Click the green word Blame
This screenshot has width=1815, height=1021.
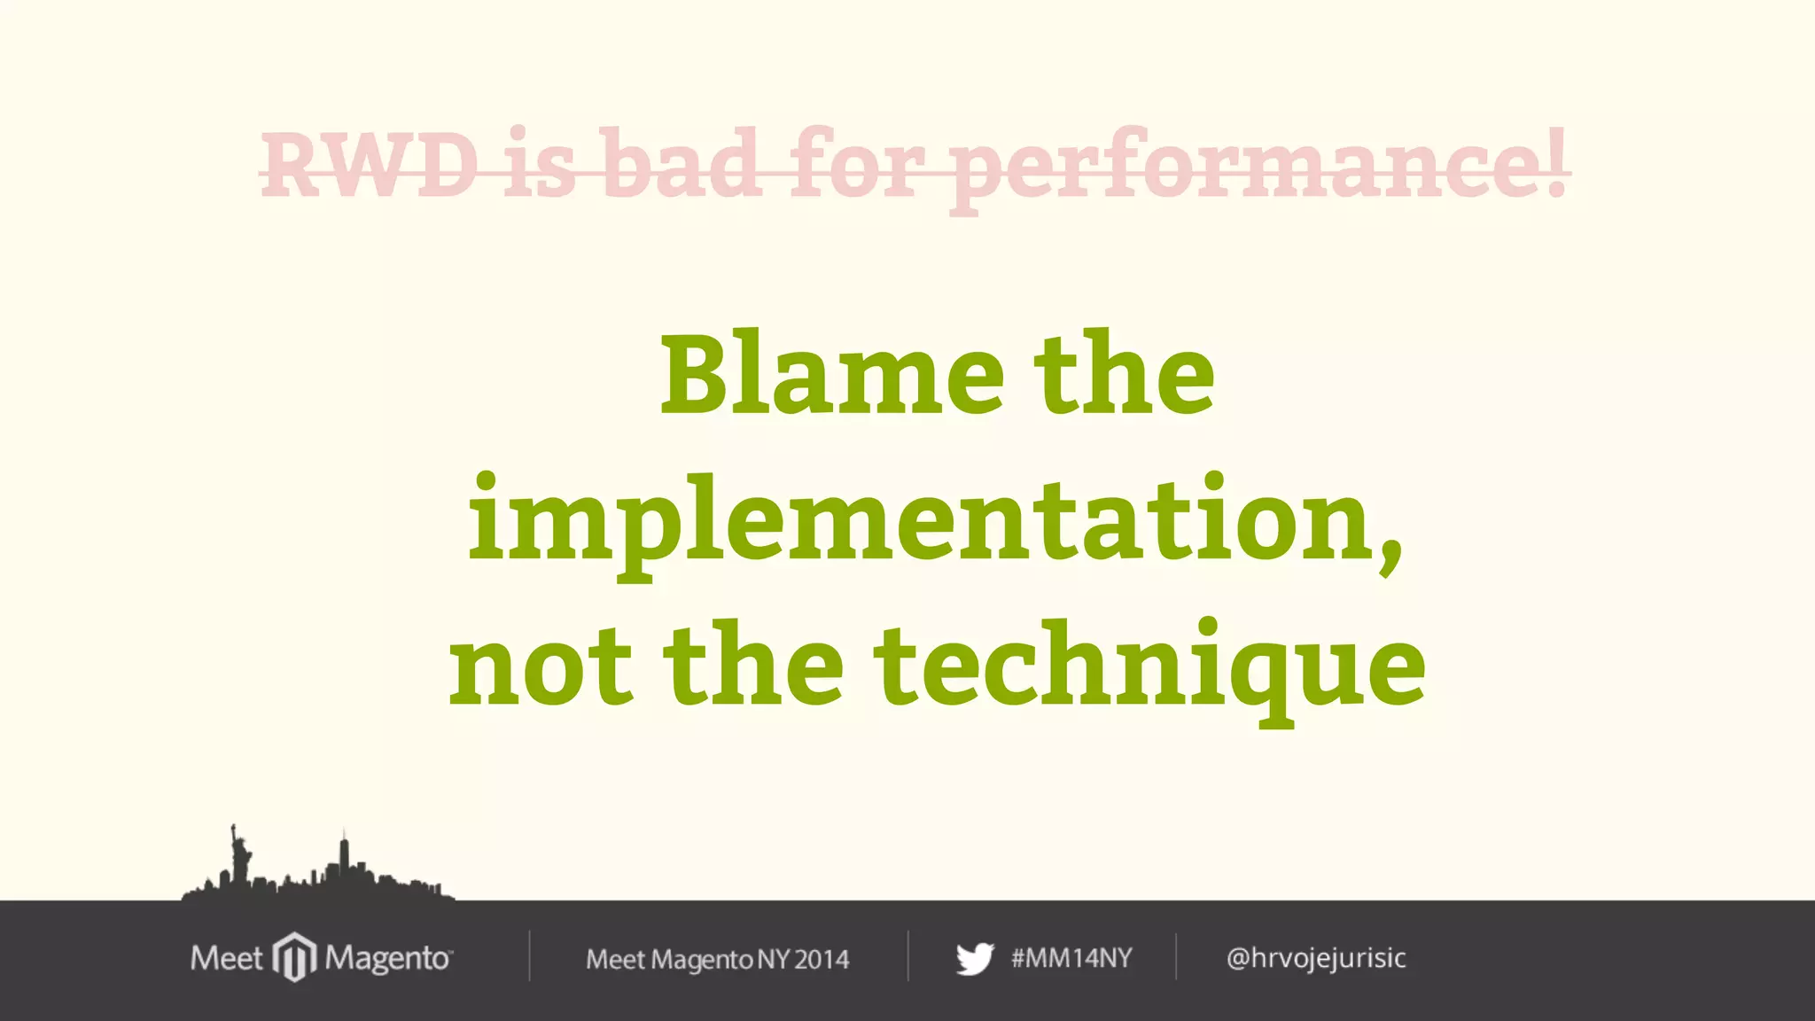point(832,374)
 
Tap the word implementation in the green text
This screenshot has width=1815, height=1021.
point(921,523)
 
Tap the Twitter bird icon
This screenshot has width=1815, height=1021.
point(975,959)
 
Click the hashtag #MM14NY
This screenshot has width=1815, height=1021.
point(1071,958)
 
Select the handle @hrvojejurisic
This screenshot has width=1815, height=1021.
point(1316,958)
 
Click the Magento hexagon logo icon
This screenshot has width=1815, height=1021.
point(293,957)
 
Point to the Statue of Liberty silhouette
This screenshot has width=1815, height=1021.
point(238,854)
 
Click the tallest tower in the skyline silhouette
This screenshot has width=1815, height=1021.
point(344,858)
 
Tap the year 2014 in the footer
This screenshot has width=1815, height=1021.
point(822,960)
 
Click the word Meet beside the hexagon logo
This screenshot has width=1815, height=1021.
point(226,958)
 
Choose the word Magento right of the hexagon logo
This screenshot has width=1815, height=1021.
point(388,958)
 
